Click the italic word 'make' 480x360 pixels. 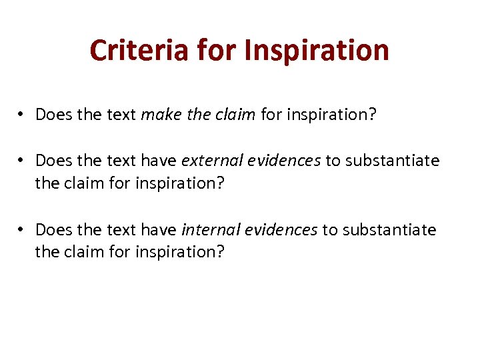(x=157, y=115)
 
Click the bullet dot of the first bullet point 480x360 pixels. (x=21, y=115)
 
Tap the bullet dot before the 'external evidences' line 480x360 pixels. (x=21, y=161)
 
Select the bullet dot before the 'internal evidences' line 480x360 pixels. (x=21, y=230)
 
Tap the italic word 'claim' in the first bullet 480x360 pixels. (x=237, y=115)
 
